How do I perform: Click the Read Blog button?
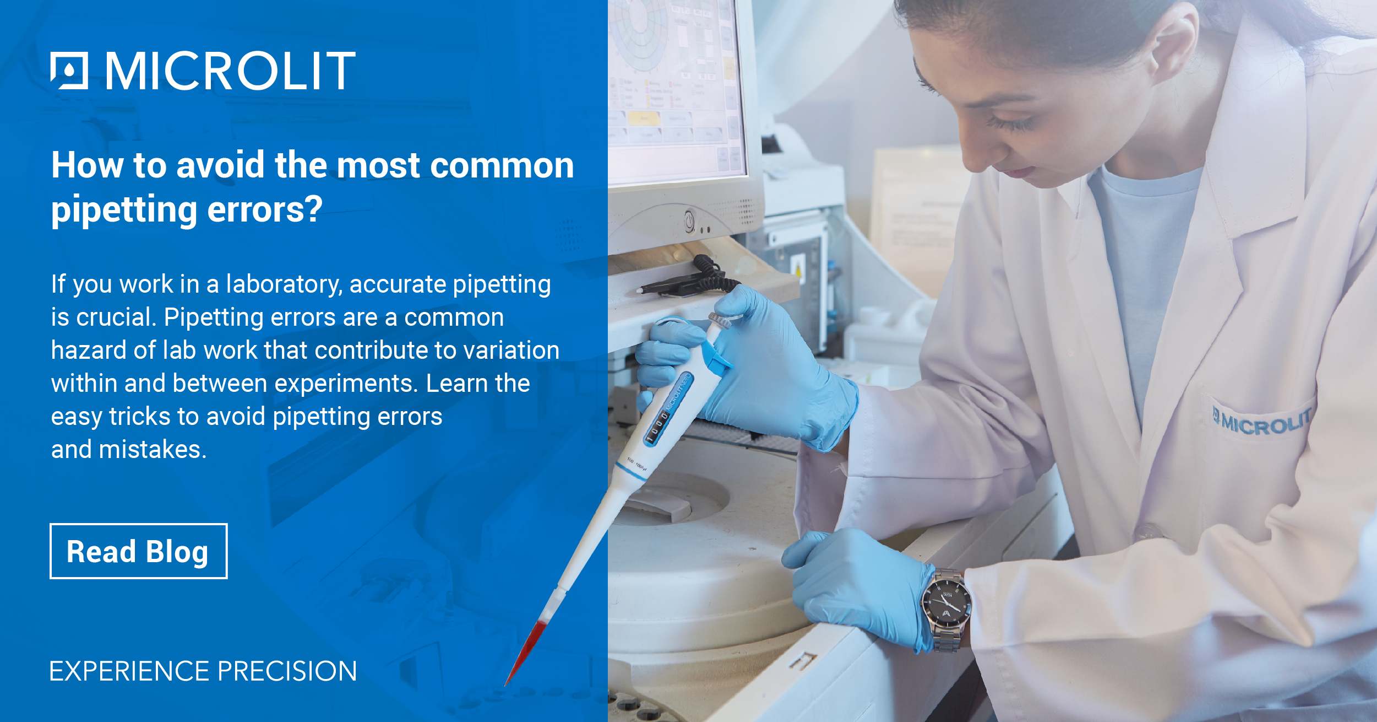[x=138, y=551]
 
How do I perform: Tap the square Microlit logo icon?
[x=69, y=71]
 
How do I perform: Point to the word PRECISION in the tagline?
[x=287, y=671]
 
